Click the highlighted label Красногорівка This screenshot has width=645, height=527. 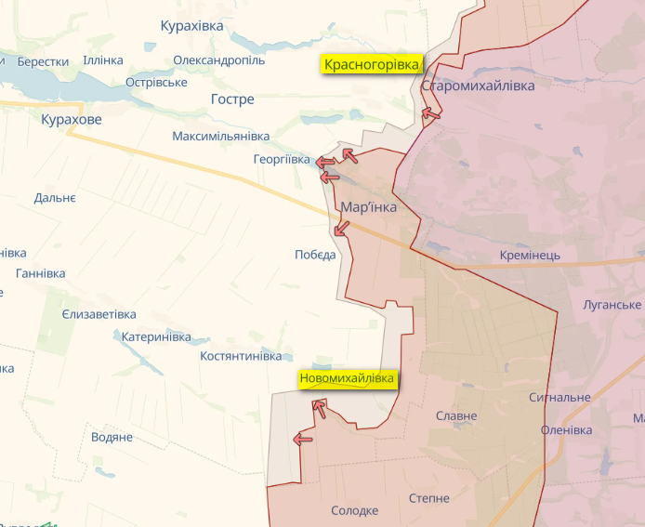(x=372, y=64)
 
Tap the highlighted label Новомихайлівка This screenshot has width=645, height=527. (x=347, y=379)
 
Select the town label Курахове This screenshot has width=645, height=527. (x=72, y=120)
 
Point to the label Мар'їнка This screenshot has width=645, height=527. (x=369, y=207)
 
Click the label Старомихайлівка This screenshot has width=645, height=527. (x=478, y=86)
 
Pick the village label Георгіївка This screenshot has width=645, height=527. (x=282, y=160)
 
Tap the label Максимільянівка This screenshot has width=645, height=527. (x=220, y=137)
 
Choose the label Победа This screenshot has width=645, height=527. (x=315, y=255)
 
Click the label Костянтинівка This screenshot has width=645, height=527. (x=241, y=356)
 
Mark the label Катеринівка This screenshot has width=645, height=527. (x=156, y=336)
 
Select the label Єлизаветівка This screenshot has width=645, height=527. (x=99, y=314)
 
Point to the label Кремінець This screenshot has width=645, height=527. (x=530, y=256)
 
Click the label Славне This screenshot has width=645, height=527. (x=456, y=416)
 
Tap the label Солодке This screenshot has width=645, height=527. (x=354, y=510)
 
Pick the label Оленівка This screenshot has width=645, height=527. (x=566, y=430)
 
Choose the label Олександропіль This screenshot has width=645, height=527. (x=218, y=60)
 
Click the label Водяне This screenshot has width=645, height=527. (x=112, y=437)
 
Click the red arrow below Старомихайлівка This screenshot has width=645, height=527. (x=430, y=114)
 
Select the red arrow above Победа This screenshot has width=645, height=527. (x=341, y=227)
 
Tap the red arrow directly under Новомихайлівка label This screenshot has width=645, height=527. (x=319, y=406)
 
